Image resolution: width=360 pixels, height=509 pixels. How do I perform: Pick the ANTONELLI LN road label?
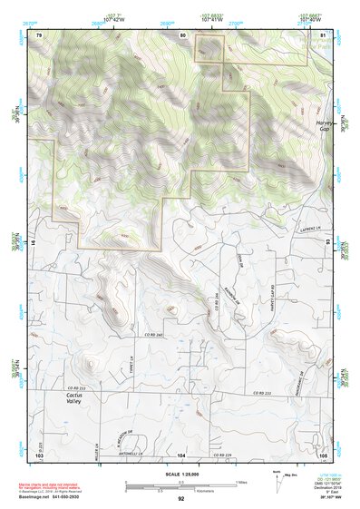(x=135, y=454)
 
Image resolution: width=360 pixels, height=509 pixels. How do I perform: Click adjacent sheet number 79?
(x=39, y=34)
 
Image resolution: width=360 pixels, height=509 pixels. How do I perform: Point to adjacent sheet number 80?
(x=181, y=34)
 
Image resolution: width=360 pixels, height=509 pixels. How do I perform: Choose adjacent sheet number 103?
(x=39, y=454)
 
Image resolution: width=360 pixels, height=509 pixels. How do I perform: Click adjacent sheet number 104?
(x=181, y=455)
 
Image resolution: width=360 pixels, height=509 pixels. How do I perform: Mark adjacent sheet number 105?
(x=322, y=454)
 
